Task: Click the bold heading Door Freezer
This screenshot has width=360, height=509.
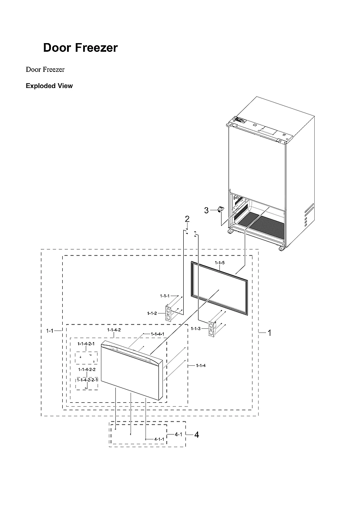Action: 80,48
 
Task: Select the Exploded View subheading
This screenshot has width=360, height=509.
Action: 49,86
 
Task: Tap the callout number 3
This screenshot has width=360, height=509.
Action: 206,210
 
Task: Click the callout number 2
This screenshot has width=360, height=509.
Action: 187,219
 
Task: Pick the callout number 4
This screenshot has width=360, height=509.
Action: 197,435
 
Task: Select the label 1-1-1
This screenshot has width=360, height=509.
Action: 165,296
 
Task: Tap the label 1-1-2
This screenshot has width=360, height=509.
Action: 152,313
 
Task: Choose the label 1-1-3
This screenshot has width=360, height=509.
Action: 195,328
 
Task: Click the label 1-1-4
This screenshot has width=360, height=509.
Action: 201,365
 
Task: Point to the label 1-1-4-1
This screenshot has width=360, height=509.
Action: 157,334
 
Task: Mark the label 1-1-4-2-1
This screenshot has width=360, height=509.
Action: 86,344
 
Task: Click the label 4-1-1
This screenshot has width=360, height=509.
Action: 159,439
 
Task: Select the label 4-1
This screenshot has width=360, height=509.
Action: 178,435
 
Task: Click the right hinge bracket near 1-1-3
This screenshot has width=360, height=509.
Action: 212,329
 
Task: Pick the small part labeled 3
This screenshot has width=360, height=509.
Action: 220,209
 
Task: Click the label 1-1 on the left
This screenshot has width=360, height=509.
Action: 50,331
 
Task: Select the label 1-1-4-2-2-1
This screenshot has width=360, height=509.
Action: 87,380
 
